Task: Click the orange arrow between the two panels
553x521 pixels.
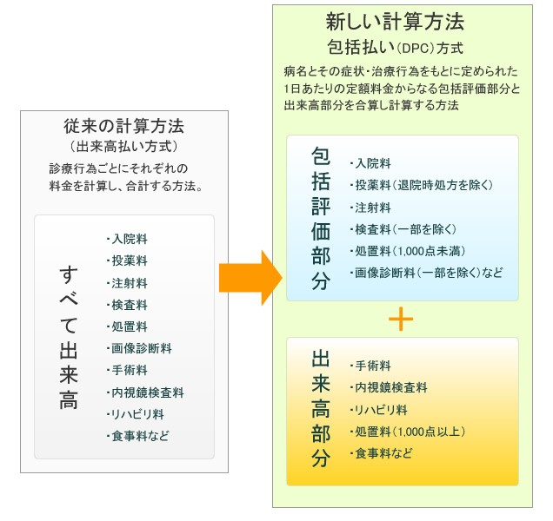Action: [250, 278]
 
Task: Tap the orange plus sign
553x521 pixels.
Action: [401, 320]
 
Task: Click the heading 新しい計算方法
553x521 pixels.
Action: [395, 22]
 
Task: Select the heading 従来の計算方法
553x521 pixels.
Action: [123, 126]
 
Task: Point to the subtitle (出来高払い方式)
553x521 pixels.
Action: [123, 147]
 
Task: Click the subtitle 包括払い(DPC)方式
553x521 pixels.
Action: [395, 48]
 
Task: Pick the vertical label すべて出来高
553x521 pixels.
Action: [69, 337]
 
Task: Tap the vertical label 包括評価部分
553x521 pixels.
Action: [321, 219]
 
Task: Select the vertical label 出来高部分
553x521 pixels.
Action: [321, 409]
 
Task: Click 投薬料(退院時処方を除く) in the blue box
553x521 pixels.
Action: [422, 185]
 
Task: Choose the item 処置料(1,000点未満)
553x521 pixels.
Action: [408, 251]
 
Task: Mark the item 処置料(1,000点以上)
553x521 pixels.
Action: [408, 432]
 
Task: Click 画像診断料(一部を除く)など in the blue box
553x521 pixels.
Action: [426, 273]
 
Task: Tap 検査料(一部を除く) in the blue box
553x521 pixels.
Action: [403, 230]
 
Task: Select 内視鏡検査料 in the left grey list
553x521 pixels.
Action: [145, 392]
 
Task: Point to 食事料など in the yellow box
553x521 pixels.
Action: [381, 453]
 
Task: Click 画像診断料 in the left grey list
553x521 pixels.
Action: [139, 348]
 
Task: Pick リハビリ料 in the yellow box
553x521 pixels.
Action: [379, 410]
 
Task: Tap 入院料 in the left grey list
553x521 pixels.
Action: [127, 239]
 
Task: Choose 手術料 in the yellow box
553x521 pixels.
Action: [370, 366]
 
